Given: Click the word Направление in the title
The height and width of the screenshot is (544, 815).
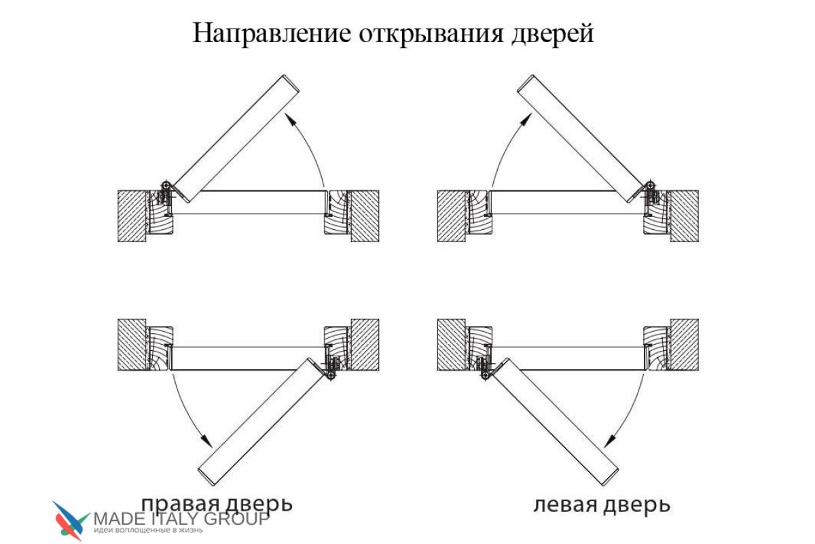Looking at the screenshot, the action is coord(272,33).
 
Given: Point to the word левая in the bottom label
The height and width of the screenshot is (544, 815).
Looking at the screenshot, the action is coord(565,505).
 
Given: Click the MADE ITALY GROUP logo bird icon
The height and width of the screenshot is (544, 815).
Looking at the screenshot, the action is coord(71,521).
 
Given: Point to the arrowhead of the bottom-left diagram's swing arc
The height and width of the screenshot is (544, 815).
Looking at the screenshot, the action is coord(207,441).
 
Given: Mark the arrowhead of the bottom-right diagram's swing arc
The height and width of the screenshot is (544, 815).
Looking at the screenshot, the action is coord(609,441).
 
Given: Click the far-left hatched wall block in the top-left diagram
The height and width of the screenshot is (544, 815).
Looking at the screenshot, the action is coord(132,216).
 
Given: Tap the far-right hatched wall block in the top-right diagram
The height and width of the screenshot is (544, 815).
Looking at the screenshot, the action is coord(685,216).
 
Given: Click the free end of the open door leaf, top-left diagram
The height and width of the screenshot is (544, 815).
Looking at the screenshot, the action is coord(291,84).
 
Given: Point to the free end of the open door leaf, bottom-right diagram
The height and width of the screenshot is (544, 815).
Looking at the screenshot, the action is coord(610,477).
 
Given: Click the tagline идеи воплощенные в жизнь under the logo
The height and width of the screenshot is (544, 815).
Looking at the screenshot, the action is coord(148,530).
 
